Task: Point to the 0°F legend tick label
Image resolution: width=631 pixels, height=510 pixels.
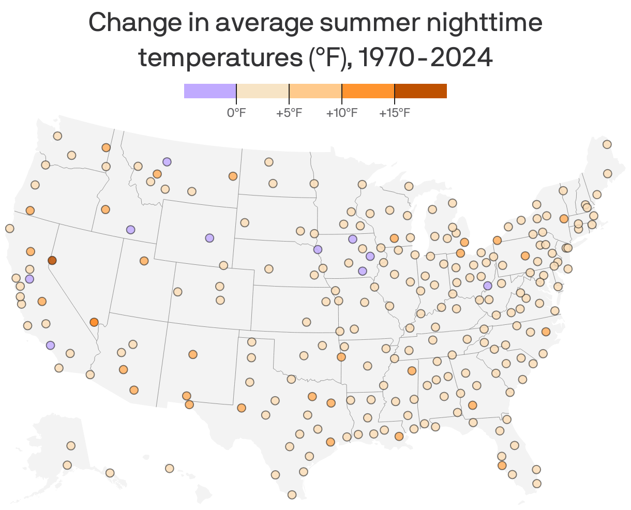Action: (236, 113)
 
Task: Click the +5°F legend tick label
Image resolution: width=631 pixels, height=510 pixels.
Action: (289, 113)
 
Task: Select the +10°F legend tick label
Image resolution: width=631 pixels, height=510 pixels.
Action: (341, 113)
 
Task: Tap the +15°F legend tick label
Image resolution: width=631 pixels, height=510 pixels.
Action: (394, 113)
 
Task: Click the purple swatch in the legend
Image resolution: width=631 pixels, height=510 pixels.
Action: (210, 91)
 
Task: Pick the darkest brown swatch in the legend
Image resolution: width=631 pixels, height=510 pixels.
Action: (420, 91)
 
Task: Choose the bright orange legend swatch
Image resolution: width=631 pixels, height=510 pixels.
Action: (368, 91)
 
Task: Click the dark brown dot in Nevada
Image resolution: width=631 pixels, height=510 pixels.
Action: (52, 260)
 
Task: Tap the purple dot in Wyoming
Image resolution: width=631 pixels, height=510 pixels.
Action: (209, 238)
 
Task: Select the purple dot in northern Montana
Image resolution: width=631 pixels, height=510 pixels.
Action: (167, 162)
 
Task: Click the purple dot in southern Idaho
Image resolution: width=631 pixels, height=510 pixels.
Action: (131, 230)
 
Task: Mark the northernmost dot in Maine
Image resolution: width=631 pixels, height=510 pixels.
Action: (607, 144)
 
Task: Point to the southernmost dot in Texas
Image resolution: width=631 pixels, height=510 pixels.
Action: (292, 495)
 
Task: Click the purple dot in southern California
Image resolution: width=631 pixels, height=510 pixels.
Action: (50, 345)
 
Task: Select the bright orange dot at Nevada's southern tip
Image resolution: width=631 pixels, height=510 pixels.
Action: (94, 322)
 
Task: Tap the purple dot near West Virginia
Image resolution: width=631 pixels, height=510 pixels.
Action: (487, 286)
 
